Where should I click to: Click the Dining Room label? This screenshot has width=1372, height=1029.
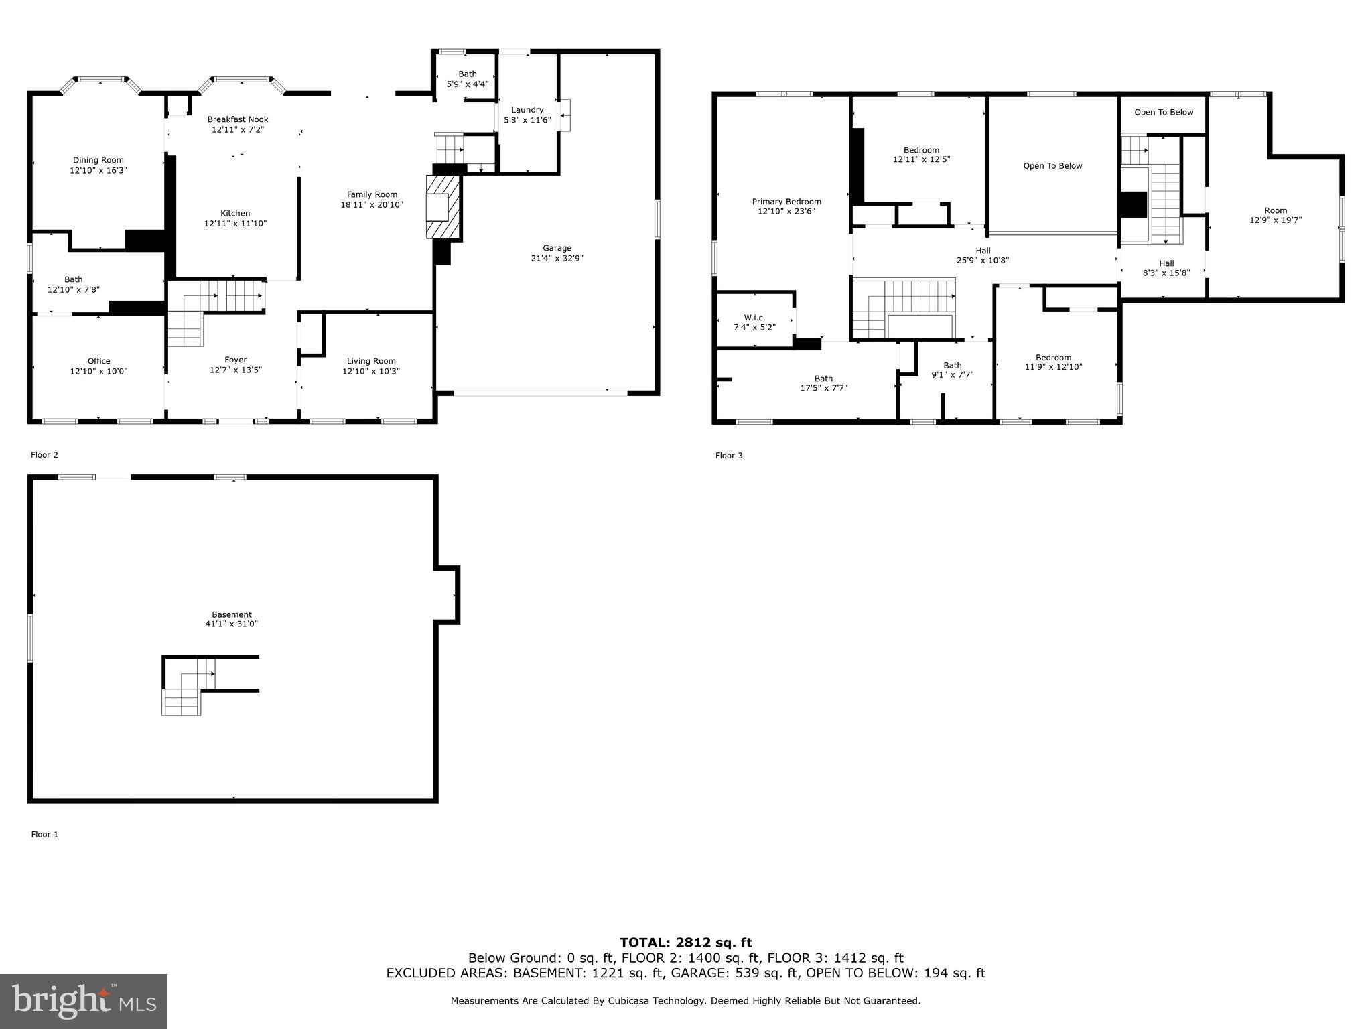[x=98, y=161]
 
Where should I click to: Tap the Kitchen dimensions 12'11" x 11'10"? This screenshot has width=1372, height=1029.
[x=235, y=224]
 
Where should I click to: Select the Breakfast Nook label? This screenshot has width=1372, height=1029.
[x=238, y=120]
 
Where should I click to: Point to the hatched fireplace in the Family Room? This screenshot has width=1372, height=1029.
[x=444, y=207]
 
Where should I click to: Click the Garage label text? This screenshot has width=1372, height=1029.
[x=557, y=249]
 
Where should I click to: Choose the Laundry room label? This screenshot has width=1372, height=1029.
[x=527, y=110]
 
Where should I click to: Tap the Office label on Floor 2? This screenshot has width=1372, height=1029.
[x=98, y=362]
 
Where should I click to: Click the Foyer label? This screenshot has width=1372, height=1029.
[x=236, y=360]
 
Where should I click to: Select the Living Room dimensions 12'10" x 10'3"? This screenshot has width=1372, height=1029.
[x=371, y=372]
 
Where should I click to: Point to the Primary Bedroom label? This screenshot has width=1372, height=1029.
[x=786, y=202]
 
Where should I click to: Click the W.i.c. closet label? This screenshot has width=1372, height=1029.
[x=754, y=318]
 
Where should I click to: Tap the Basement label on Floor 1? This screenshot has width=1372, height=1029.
[x=232, y=615]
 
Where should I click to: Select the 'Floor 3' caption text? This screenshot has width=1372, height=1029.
[x=729, y=456]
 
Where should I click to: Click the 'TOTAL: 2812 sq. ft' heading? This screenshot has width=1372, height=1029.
[x=686, y=943]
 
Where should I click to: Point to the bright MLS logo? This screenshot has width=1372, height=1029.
[x=84, y=1002]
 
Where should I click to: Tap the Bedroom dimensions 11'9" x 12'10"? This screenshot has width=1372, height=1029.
[x=1053, y=367]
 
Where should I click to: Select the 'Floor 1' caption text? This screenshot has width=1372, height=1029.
[x=45, y=835]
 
